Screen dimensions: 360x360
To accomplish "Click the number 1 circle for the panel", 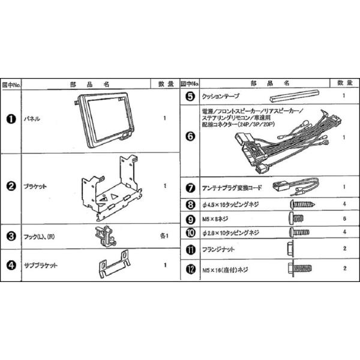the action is (x=11, y=119).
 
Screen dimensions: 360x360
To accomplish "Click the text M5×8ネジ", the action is (x=214, y=220).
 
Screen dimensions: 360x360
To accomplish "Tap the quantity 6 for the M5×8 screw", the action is (x=344, y=220).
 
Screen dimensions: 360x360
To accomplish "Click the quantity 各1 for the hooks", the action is (x=164, y=236).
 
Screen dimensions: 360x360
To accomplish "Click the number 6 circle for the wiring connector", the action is (x=190, y=136).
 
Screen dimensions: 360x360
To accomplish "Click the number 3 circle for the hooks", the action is (x=11, y=236).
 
